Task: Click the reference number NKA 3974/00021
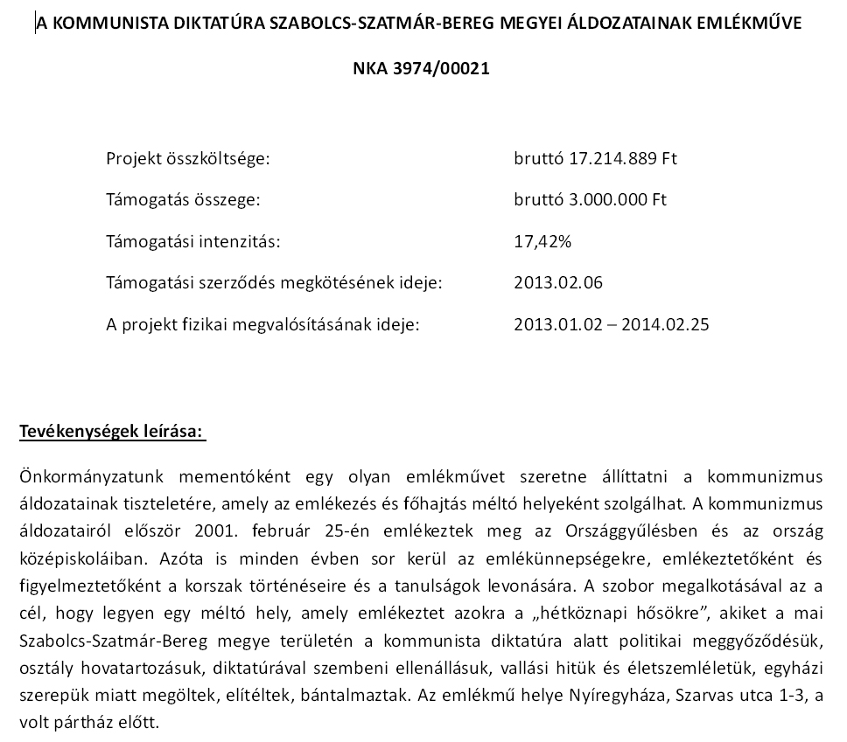[420, 68]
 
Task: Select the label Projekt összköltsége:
[188, 159]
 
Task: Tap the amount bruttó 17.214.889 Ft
[596, 159]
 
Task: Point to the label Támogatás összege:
[183, 199]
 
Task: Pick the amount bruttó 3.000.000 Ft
[591, 199]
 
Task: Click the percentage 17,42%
[542, 241]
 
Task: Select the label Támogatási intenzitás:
[192, 241]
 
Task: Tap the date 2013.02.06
[558, 282]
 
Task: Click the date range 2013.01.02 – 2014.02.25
[612, 324]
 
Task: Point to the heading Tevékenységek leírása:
[111, 432]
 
